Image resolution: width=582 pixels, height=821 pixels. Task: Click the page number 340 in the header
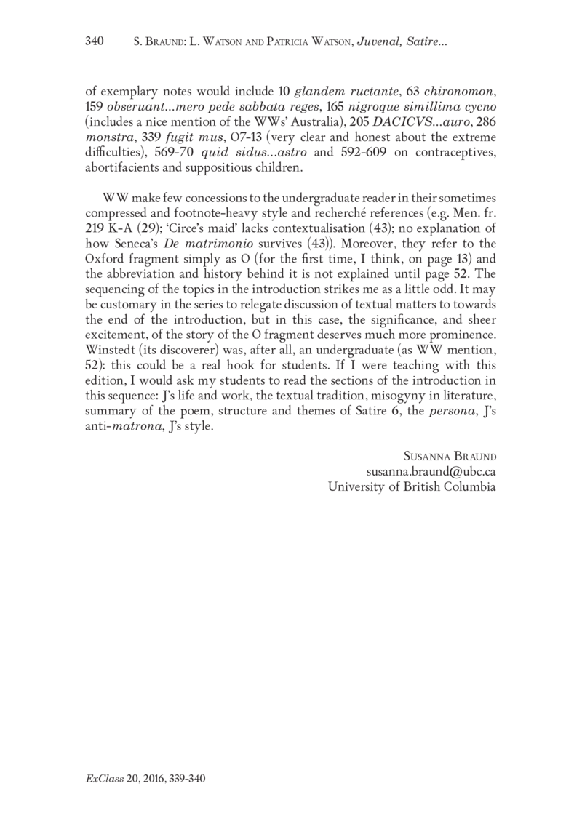pyautogui.click(x=96, y=43)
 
